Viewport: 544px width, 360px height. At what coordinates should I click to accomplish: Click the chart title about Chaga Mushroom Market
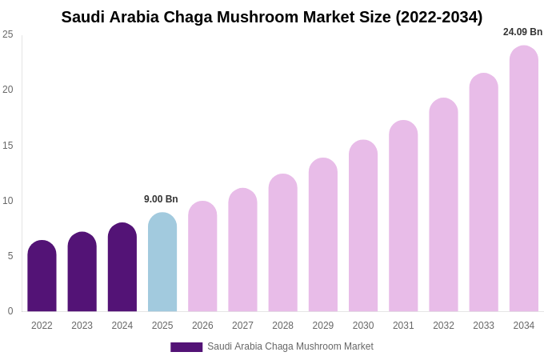[272, 17]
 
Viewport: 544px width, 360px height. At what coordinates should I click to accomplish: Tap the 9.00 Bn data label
[161, 199]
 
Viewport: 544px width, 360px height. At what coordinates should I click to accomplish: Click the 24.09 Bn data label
[522, 32]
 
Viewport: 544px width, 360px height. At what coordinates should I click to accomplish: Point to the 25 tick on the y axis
[8, 34]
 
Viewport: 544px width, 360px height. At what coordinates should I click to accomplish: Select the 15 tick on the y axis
[8, 146]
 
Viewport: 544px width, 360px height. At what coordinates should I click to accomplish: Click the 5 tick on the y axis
[10, 256]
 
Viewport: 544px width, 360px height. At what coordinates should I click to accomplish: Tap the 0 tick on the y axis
[10, 311]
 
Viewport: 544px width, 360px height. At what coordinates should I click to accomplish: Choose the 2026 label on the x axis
[202, 326]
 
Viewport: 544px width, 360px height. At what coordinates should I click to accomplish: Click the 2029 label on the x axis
[323, 326]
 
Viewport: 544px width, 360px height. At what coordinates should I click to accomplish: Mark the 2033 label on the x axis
[483, 326]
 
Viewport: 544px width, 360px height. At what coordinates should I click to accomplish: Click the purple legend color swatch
[186, 347]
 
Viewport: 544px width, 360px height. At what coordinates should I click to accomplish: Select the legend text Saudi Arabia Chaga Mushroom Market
[290, 346]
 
